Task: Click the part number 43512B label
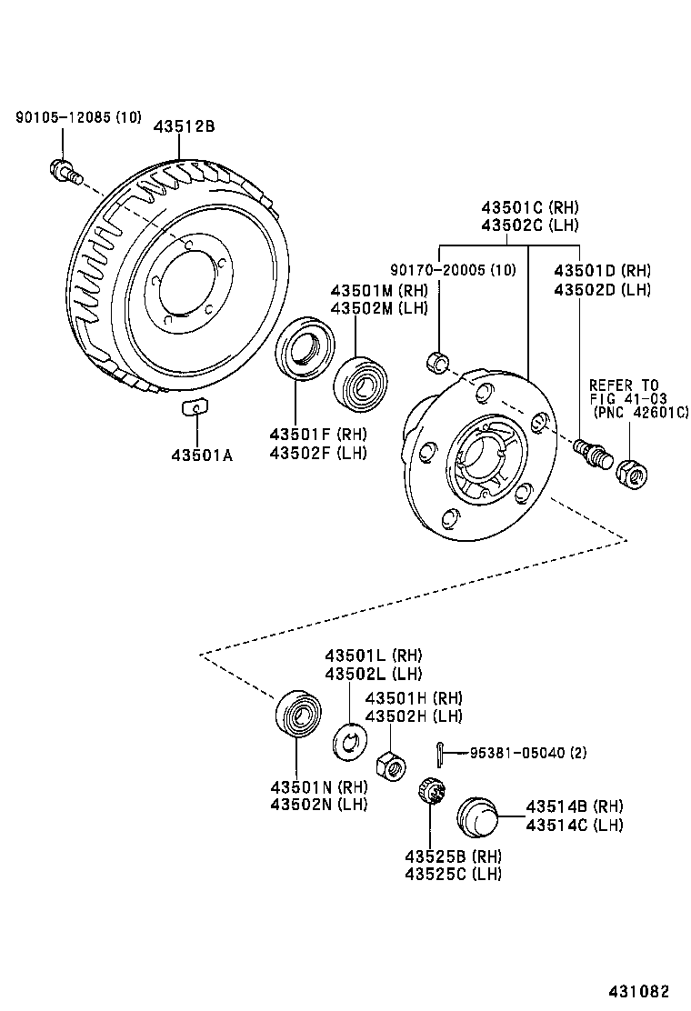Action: click(184, 126)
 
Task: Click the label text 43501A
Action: click(201, 455)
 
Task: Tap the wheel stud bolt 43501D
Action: click(588, 450)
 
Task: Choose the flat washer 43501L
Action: click(349, 742)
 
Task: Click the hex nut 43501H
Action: click(389, 765)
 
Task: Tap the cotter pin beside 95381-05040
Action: click(439, 753)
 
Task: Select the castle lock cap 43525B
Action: click(429, 792)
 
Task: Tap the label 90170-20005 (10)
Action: click(453, 270)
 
